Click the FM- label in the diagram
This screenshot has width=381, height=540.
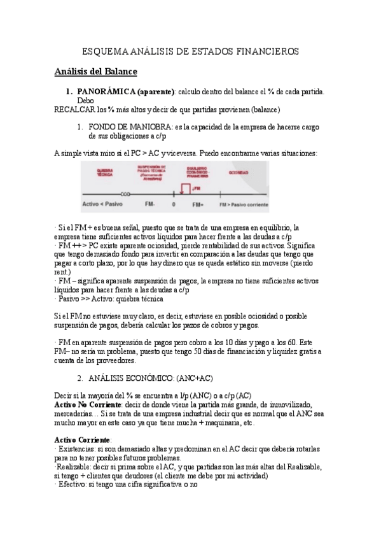(149, 204)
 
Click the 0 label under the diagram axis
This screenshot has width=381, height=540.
(173, 204)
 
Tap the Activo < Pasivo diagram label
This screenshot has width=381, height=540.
(102, 204)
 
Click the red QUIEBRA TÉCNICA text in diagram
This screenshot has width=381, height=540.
(104, 173)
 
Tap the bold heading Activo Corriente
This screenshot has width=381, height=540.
(83, 440)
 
